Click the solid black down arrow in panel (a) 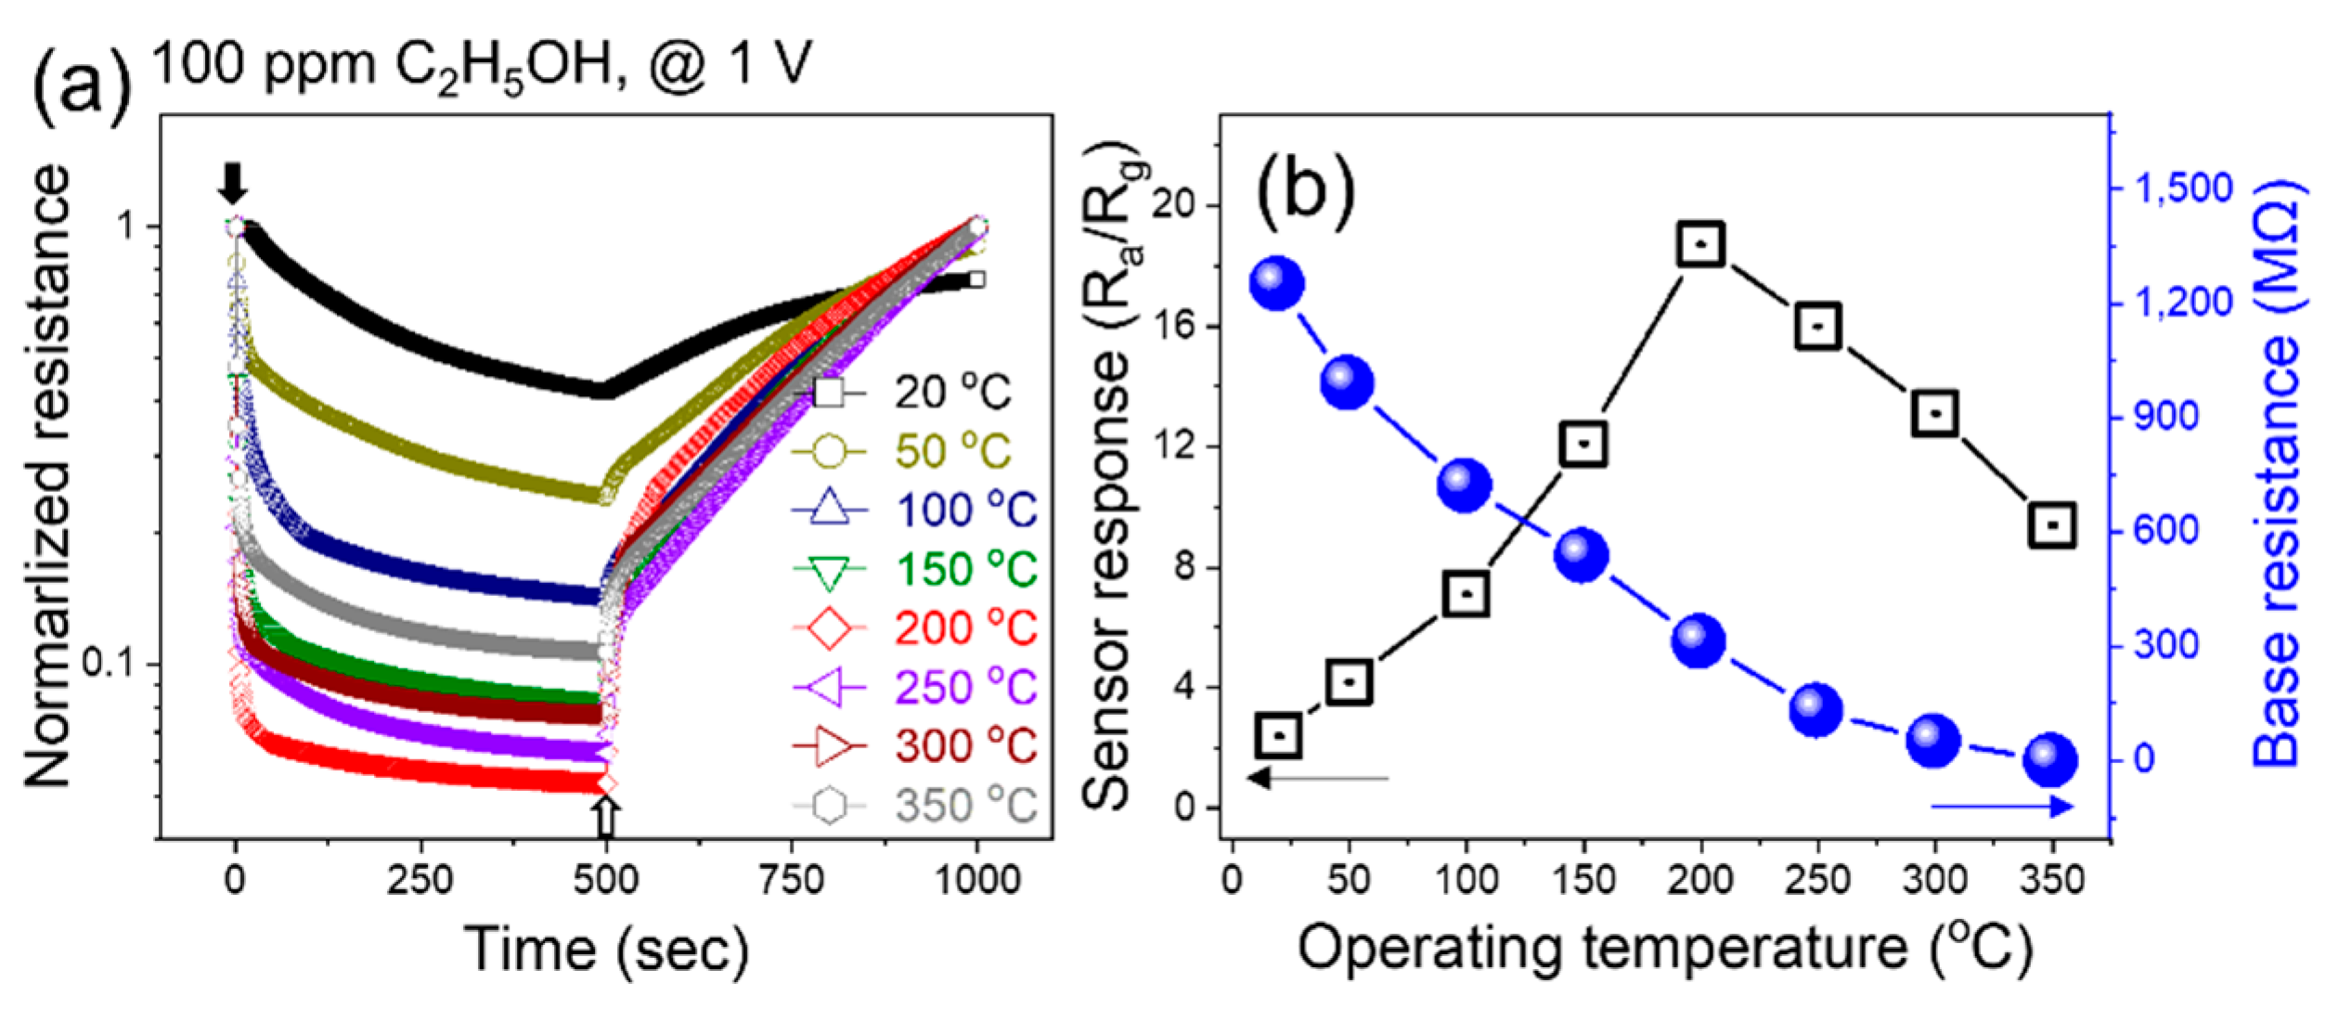[233, 183]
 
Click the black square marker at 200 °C [1701, 244]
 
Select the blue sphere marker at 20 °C [1277, 284]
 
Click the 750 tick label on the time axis [792, 879]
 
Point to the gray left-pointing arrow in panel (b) [1318, 777]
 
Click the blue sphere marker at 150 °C [1582, 557]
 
